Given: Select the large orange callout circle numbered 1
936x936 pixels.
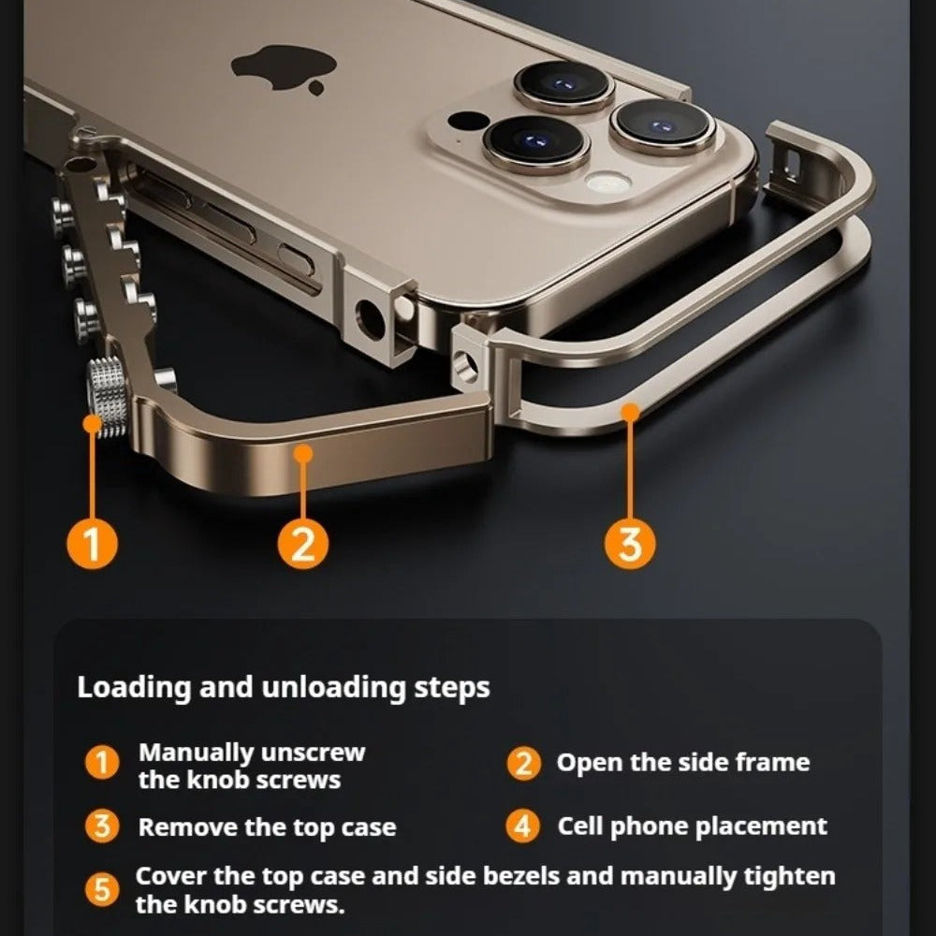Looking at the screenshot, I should click(91, 542).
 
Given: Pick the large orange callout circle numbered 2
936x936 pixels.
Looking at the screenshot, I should click(301, 542).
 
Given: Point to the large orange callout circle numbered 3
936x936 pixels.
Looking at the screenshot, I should click(631, 542).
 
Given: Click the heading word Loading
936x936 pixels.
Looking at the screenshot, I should click(134, 688).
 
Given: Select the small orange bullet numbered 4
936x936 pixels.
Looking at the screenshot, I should click(523, 826).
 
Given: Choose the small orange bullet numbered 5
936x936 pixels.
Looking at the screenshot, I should click(102, 889).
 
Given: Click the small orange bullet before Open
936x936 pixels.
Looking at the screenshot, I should click(523, 763).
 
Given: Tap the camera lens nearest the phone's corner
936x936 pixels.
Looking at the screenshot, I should click(663, 126).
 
